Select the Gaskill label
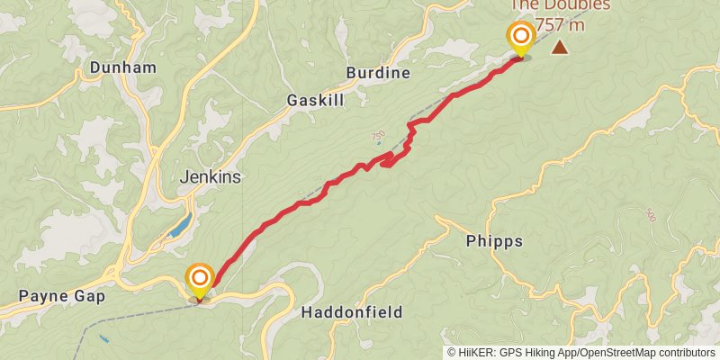click(315, 101)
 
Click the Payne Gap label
click(62, 296)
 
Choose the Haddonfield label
click(351, 312)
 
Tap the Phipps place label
click(494, 241)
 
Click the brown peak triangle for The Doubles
click(560, 47)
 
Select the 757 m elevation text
click(560, 24)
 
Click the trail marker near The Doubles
click(520, 38)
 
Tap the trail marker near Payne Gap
click(199, 279)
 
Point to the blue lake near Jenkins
click(180, 224)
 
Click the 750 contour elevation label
click(377, 136)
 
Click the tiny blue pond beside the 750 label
click(379, 144)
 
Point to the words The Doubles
click(560, 4)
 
